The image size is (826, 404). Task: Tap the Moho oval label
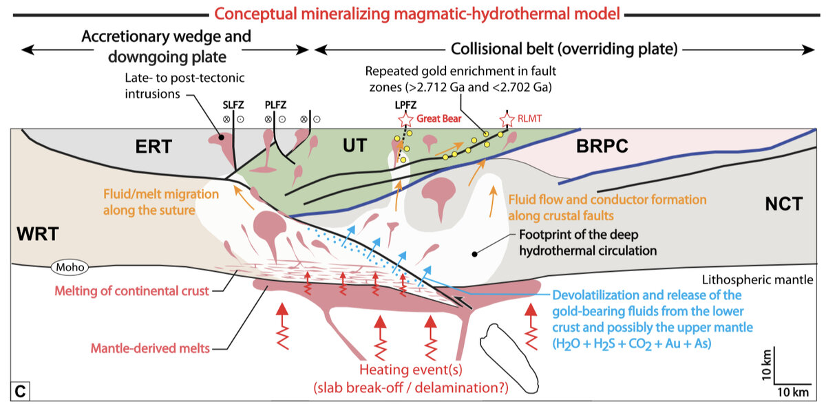click(65, 266)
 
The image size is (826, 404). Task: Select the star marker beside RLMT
click(507, 119)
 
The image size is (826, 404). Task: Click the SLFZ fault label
click(232, 105)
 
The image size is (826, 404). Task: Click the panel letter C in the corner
click(20, 392)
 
